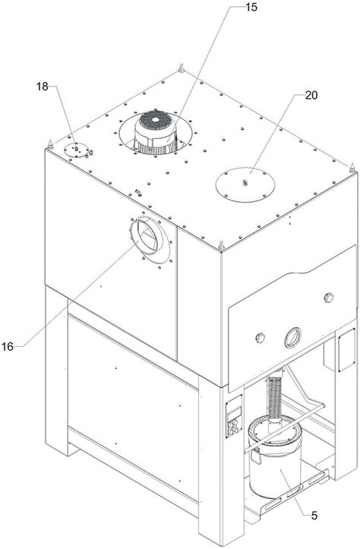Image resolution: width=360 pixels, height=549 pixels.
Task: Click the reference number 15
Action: [x=251, y=7]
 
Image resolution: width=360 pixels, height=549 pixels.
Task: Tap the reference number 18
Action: [x=42, y=87]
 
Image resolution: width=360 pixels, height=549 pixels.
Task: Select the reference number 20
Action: [x=311, y=95]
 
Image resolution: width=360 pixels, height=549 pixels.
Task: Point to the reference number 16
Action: [x=8, y=346]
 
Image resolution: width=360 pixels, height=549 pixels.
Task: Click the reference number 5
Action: [x=314, y=516]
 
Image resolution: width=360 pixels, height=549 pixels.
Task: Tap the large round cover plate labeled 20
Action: [x=245, y=185]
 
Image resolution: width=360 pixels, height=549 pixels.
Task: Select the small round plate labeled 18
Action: [x=77, y=150]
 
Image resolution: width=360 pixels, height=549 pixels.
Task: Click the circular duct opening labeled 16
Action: [x=147, y=235]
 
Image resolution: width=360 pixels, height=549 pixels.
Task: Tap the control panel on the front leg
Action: [x=234, y=417]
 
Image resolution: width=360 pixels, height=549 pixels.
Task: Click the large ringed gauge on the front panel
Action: [x=292, y=337]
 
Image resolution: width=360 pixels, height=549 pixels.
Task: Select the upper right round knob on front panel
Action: [x=329, y=297]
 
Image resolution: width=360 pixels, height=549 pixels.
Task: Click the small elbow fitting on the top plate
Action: [x=139, y=192]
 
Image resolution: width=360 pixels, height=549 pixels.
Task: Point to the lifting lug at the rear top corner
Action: [x=181, y=68]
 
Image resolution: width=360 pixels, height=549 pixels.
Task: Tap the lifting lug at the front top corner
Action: [x=221, y=246]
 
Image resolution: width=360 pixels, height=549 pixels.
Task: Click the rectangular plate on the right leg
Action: [x=346, y=350]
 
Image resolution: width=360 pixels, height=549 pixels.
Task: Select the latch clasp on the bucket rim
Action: [x=256, y=455]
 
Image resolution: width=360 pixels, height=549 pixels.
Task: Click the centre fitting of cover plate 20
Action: [x=245, y=182]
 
